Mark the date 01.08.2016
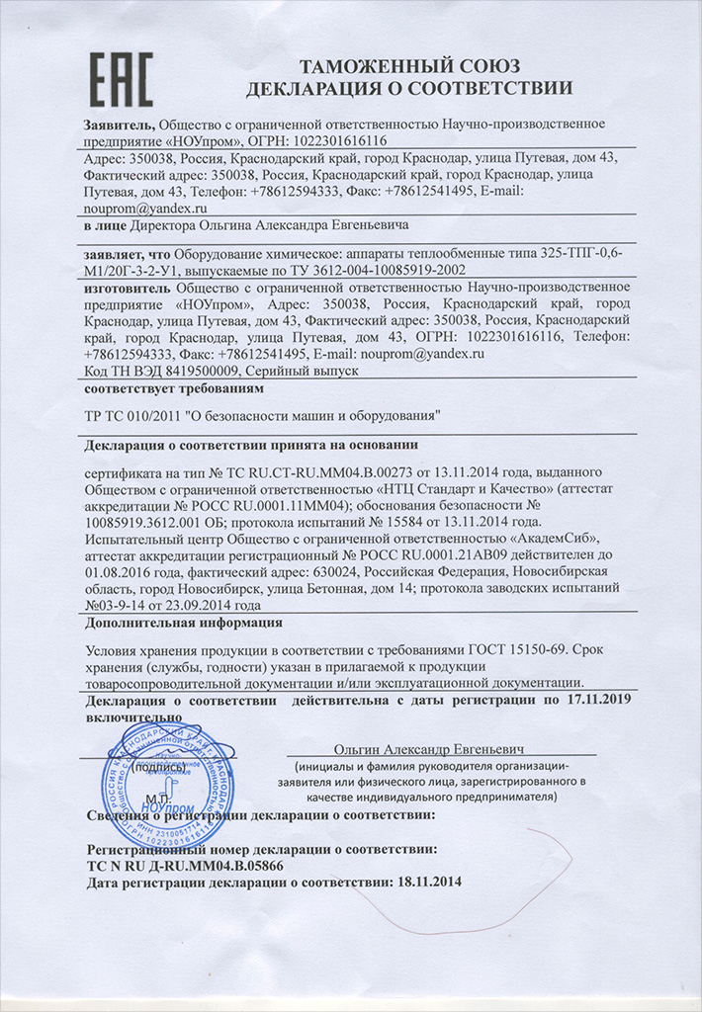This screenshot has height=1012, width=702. click(x=122, y=572)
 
